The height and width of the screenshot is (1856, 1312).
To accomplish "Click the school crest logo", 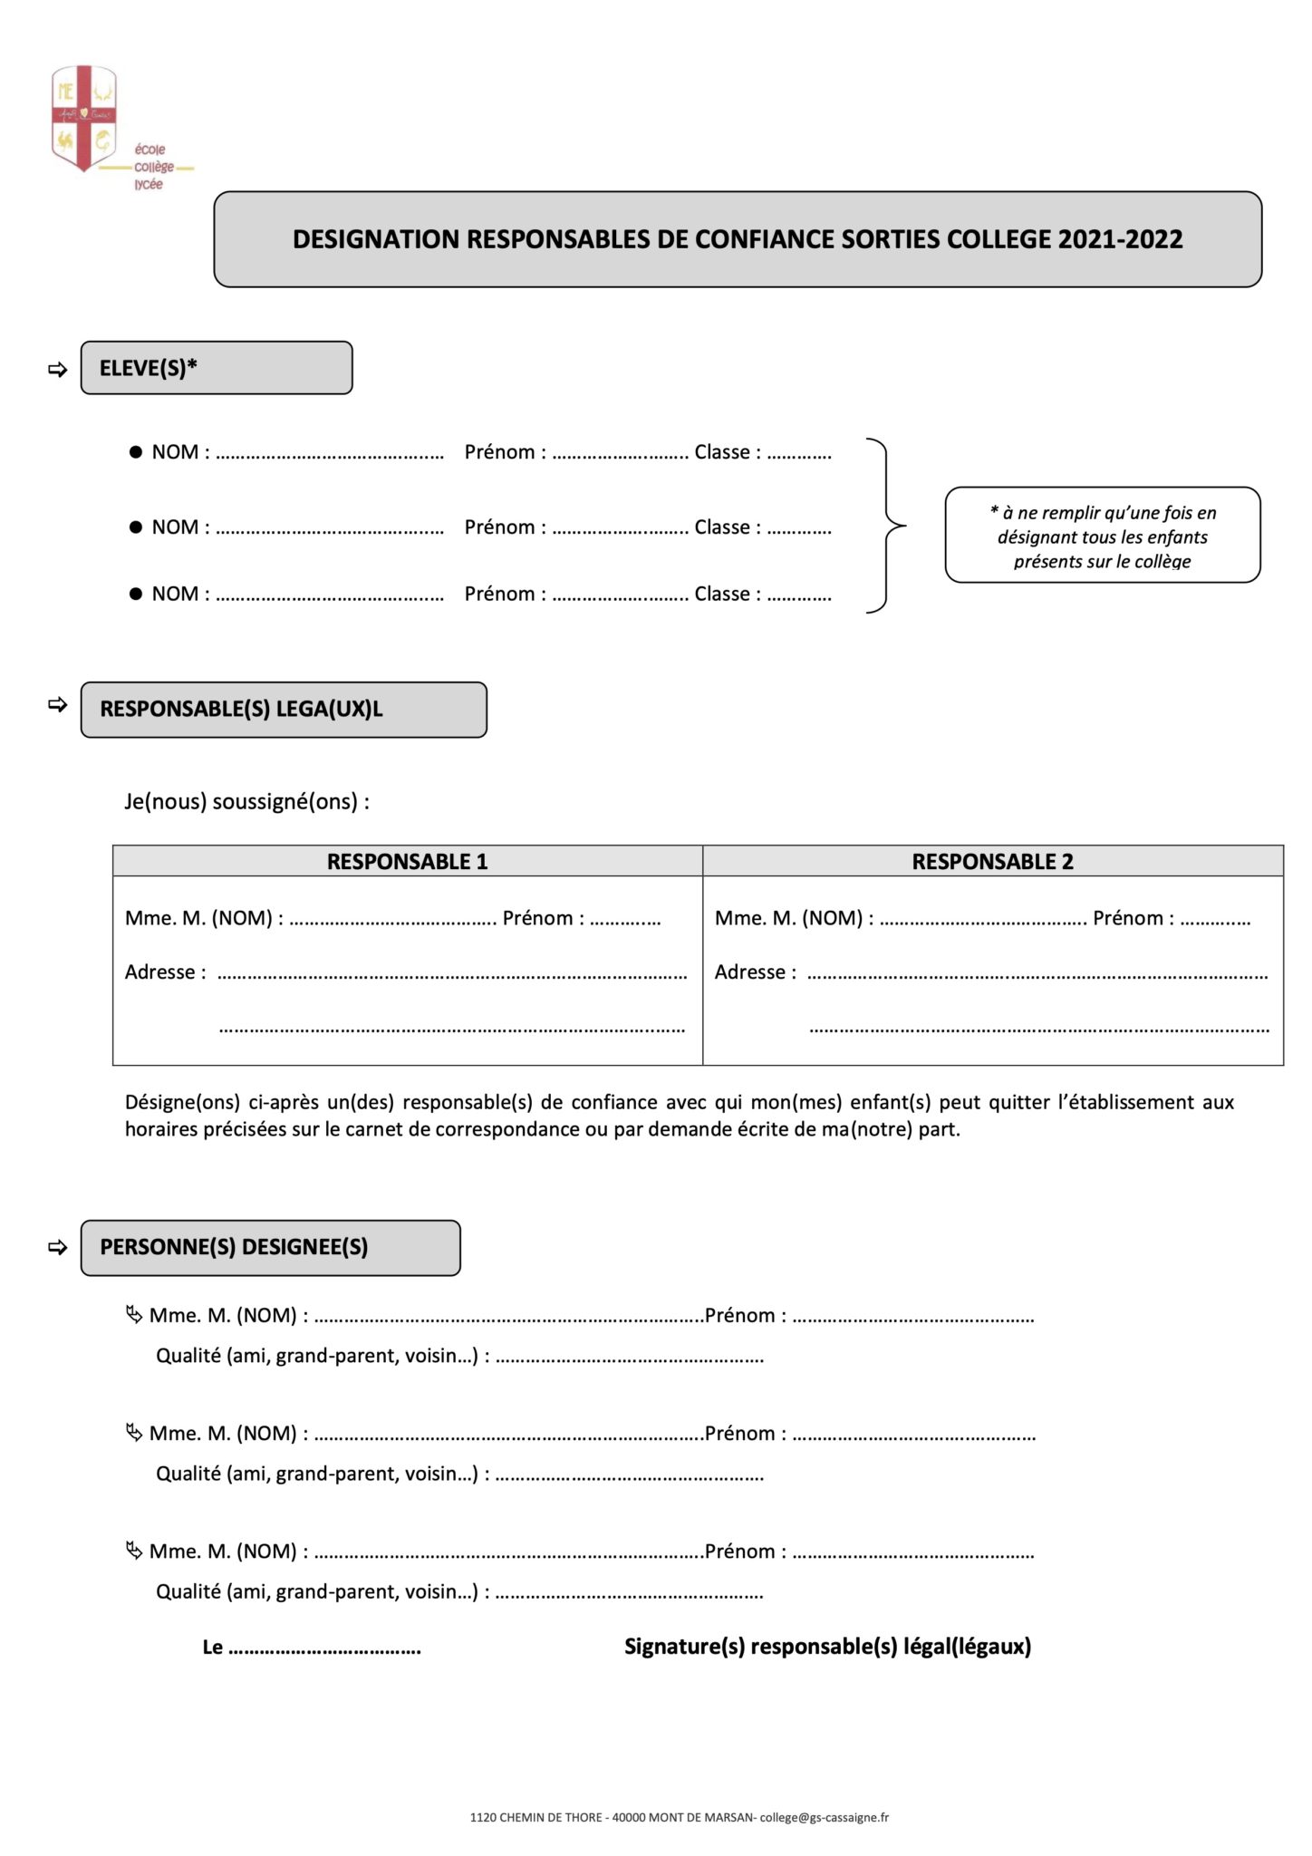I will pos(84,118).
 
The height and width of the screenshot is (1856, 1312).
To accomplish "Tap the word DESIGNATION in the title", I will pos(376,239).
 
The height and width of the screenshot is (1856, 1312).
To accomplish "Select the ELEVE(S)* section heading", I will pos(149,368).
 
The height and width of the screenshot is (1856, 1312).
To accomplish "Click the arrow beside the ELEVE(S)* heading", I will pos(58,370).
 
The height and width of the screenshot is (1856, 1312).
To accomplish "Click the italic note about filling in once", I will pos(1102,536).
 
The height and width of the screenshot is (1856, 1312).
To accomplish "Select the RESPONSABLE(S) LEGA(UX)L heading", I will pos(241,710).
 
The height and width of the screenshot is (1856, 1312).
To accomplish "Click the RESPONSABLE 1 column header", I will pos(407,862).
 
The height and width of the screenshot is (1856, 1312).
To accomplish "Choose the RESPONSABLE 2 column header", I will pos(992,862).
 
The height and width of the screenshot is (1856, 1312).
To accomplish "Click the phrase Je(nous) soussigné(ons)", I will pos(246,802).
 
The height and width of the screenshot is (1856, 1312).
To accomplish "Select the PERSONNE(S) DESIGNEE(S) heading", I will pos(234,1247).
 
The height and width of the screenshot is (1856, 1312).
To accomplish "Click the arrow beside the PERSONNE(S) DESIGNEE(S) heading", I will pos(58,1248).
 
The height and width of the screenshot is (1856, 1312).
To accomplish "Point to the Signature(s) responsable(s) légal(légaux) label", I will pos(827,1647).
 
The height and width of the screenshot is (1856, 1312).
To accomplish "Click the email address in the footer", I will pos(825,1817).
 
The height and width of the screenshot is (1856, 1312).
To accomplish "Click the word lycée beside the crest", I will pos(149,184).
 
